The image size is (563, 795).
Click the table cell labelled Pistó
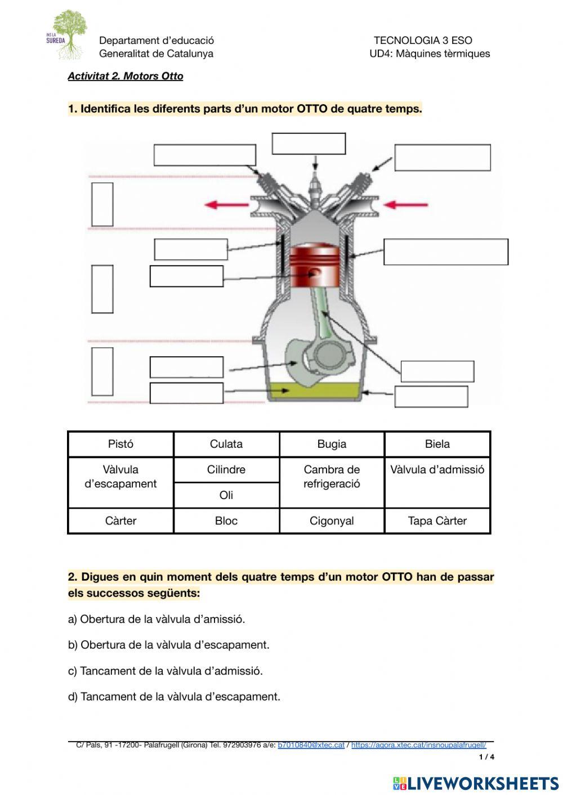pyautogui.click(x=120, y=444)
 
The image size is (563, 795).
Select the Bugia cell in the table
pyautogui.click(x=332, y=444)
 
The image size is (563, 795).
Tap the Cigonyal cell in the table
pyautogui.click(x=332, y=521)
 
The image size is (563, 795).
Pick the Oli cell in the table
pyautogui.click(x=226, y=495)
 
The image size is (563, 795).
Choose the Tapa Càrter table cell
pyautogui.click(x=437, y=521)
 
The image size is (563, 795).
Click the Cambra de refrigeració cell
pyautogui.click(x=332, y=477)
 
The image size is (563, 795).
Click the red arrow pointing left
pyautogui.click(x=226, y=205)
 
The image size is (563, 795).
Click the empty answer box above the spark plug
pyautogui.click(x=309, y=144)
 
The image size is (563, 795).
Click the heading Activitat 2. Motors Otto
pyautogui.click(x=126, y=76)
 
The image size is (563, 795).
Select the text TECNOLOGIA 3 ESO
pyautogui.click(x=423, y=41)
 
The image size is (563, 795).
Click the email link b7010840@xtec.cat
pyautogui.click(x=311, y=745)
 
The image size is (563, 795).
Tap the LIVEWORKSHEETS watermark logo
pyautogui.click(x=476, y=783)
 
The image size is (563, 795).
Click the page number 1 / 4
pyautogui.click(x=486, y=757)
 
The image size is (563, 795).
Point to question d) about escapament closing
pyautogui.click(x=174, y=697)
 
